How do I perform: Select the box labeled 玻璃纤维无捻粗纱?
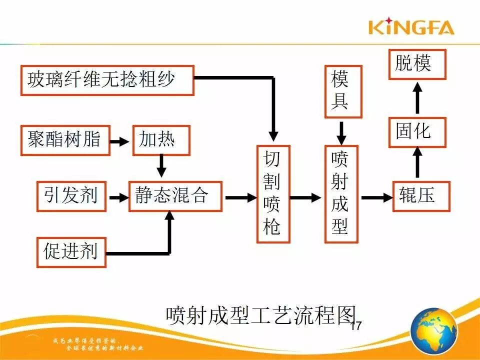point(107,79)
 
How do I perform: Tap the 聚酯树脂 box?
point(65,139)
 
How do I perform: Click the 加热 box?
point(161,139)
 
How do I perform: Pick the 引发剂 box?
point(71,196)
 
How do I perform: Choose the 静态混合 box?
point(175,196)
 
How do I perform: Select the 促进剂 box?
point(71,252)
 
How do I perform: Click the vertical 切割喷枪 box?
point(273,194)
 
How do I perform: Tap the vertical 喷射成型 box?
point(341,194)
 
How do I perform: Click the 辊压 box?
point(421,196)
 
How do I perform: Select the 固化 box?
point(417,131)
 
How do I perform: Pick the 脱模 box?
point(417,64)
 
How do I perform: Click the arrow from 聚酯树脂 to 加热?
point(120,141)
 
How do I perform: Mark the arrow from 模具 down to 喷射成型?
point(341,132)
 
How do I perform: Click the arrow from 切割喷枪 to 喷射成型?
point(306,197)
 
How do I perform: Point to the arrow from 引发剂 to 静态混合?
point(118,197)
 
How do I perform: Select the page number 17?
point(355,325)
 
